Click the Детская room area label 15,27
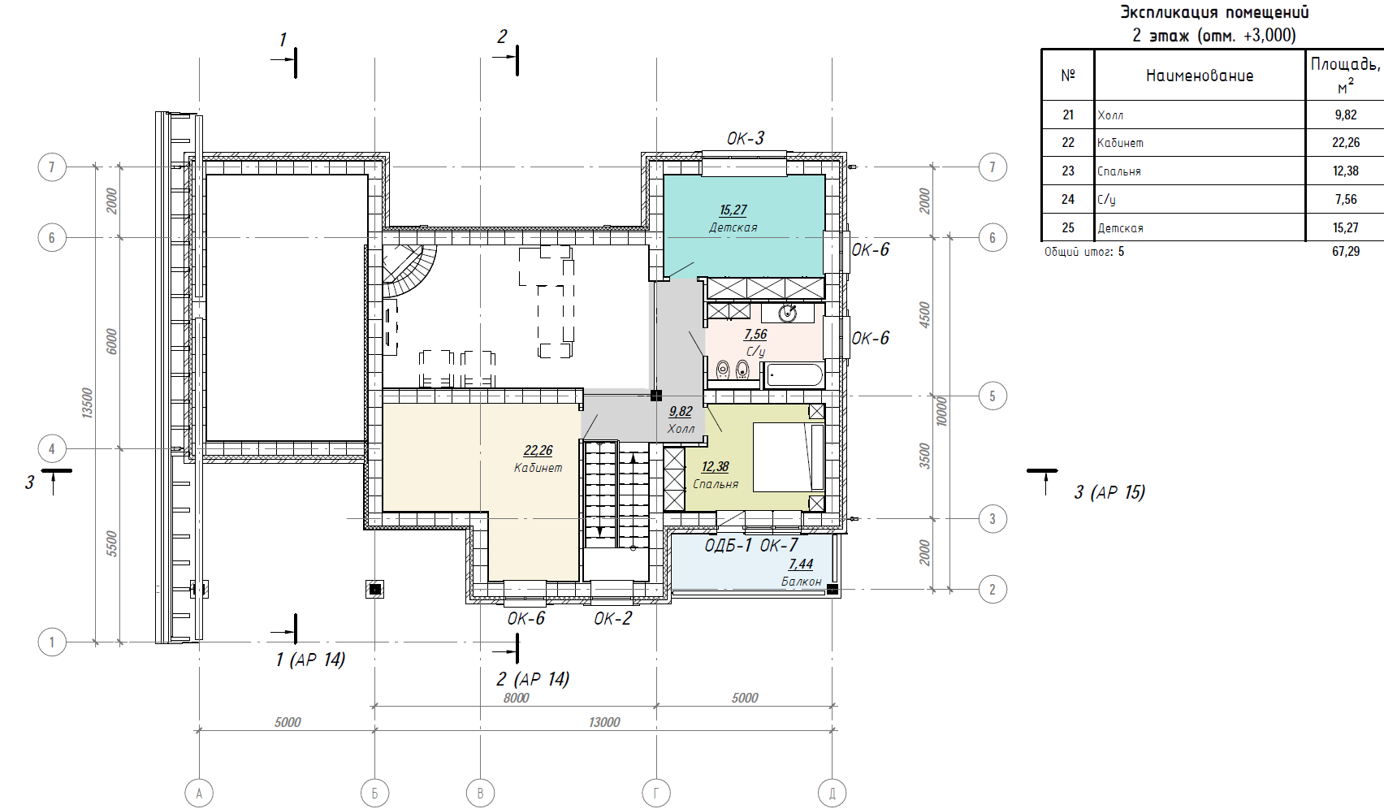[733, 210]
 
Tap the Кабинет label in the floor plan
[538, 468]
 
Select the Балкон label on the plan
[802, 582]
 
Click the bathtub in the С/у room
[794, 375]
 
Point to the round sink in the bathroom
[788, 314]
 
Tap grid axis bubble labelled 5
[993, 396]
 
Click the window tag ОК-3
[745, 138]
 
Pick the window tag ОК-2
[613, 619]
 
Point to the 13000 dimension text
[604, 722]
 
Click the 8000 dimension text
[517, 698]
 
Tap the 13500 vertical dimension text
[87, 403]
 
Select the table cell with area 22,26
[1346, 143]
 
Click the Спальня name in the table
[1119, 171]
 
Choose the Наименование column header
[1200, 76]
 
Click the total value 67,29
[1346, 252]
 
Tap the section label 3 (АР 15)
[1109, 492]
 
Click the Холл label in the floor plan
[681, 428]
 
